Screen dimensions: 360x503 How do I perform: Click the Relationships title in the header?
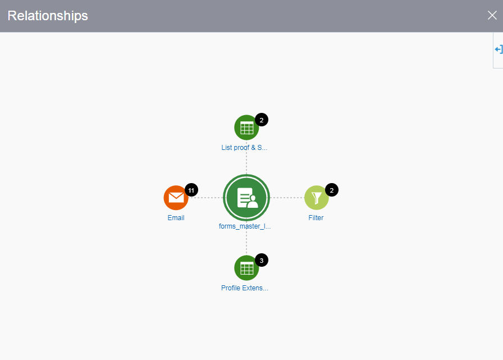point(48,16)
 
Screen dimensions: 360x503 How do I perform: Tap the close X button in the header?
point(492,15)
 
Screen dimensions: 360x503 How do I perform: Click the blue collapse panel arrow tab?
point(498,50)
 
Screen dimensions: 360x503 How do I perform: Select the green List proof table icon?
point(246,127)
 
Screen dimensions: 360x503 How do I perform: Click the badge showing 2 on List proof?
point(262,120)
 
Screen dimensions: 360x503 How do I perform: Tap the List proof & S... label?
point(244,148)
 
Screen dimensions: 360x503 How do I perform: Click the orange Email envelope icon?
point(176,198)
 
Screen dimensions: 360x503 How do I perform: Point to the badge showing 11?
point(191,190)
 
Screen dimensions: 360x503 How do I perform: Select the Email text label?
point(176,218)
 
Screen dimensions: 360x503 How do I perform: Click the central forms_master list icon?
point(246,198)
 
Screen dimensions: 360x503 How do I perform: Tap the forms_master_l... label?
point(245,226)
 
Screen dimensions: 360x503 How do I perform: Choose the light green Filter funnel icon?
point(317,198)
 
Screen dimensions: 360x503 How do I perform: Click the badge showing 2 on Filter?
point(332,190)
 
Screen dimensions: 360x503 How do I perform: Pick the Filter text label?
point(316,218)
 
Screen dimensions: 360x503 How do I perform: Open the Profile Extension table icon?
point(246,268)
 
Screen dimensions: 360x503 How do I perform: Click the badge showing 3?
point(262,260)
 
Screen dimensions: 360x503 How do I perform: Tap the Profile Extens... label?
point(245,288)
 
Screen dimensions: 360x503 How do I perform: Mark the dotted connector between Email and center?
point(206,198)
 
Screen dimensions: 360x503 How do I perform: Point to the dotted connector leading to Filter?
point(287,198)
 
